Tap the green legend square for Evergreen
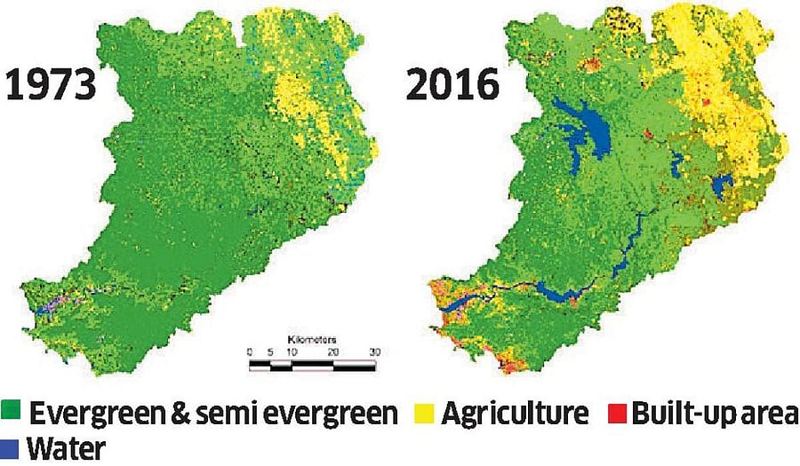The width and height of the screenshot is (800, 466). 12,414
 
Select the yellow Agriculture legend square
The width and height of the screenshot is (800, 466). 425,414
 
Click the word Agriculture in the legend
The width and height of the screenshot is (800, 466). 515,414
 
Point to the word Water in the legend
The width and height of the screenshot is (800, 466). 65,448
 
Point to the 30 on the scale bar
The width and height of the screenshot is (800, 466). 374,352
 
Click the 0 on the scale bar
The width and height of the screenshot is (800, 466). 250,352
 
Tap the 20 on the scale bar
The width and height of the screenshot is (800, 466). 333,352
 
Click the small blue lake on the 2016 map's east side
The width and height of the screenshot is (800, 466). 722,187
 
